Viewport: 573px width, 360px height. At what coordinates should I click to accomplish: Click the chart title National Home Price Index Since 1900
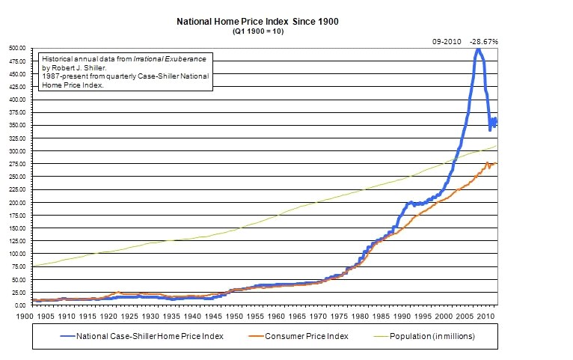click(257, 22)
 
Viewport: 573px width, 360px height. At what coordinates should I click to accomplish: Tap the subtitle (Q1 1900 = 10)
click(257, 32)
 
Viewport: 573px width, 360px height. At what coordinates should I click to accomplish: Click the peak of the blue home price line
click(477, 49)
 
